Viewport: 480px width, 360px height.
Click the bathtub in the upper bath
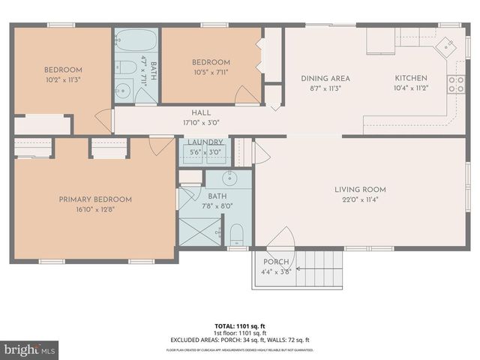(136, 40)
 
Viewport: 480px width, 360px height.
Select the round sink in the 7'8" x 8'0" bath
(230, 178)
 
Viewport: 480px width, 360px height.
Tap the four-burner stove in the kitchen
(456, 84)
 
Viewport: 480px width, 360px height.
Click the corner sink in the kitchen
(448, 44)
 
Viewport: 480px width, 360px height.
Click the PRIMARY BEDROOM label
(95, 199)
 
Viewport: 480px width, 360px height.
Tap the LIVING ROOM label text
(360, 190)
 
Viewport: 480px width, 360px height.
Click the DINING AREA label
(325, 78)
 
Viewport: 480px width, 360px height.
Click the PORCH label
(275, 262)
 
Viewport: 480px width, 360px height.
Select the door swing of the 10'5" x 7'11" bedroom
(246, 94)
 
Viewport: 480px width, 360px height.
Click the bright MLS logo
(30, 349)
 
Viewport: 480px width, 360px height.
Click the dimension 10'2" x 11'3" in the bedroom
(62, 79)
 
